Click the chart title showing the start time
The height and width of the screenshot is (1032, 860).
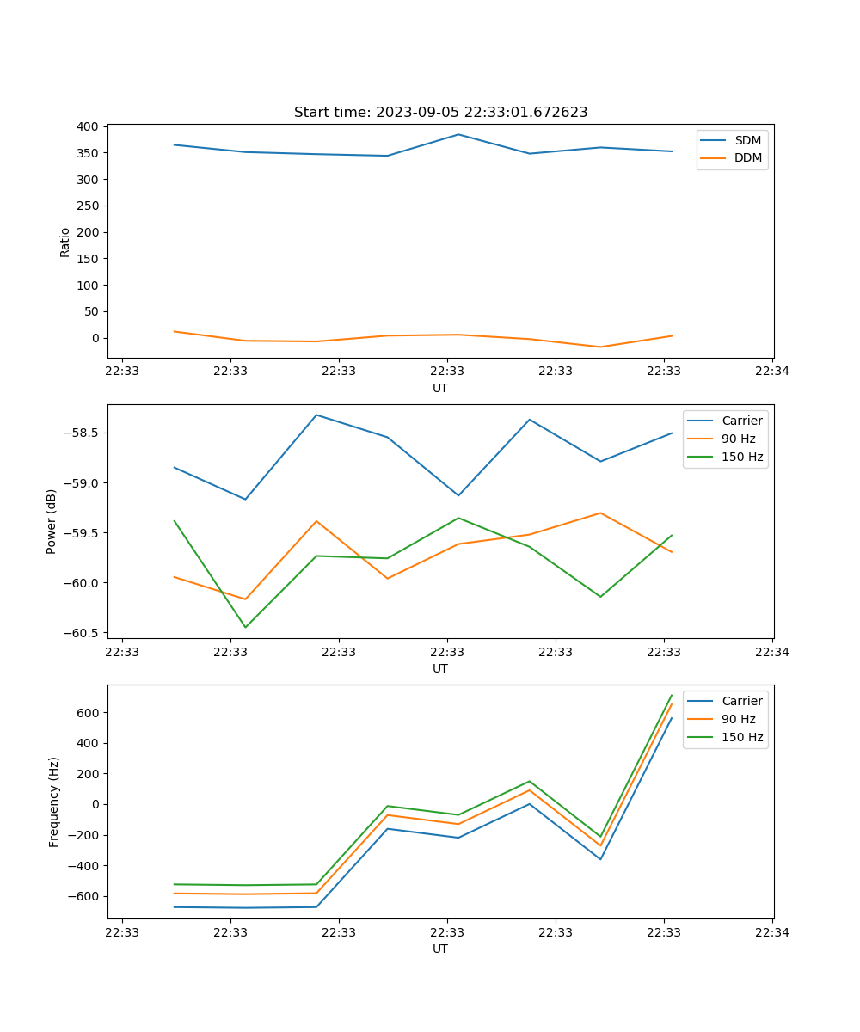[440, 113]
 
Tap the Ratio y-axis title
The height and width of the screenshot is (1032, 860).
[65, 242]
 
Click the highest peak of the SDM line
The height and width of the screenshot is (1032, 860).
[458, 134]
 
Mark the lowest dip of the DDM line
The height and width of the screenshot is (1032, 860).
[600, 347]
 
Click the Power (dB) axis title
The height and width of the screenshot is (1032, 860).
[52, 521]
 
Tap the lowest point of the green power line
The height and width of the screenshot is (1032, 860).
[245, 627]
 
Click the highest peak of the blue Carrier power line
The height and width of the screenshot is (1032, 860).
[316, 415]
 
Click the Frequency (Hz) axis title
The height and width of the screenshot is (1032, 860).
[53, 802]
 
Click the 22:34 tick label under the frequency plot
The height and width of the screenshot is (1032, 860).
[771, 931]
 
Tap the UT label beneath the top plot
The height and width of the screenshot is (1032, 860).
[440, 388]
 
